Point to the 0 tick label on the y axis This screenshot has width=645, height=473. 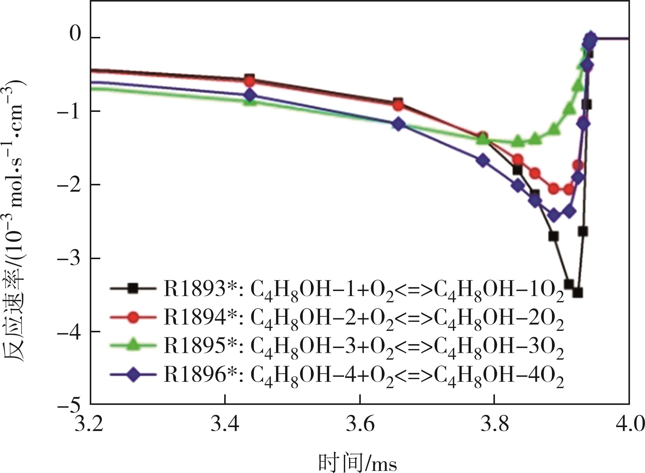(x=75, y=35)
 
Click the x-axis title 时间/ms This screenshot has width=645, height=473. (x=357, y=462)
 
